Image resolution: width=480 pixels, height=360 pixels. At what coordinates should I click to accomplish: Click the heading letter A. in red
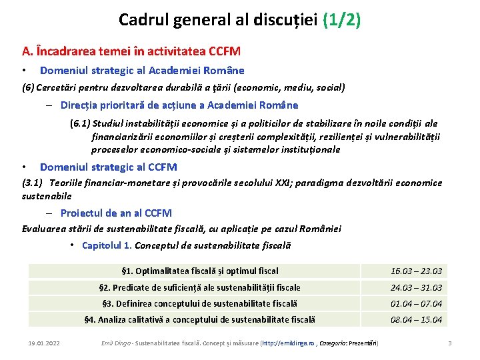click(27, 51)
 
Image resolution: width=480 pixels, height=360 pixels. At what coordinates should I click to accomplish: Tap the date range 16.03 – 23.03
click(416, 271)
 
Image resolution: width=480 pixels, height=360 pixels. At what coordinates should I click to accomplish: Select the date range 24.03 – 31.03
click(416, 287)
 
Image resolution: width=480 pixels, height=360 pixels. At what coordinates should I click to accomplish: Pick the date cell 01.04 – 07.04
click(416, 303)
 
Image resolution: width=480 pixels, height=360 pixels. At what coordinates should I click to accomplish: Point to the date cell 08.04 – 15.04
click(416, 319)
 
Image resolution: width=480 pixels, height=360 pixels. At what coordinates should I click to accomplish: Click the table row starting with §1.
click(200, 271)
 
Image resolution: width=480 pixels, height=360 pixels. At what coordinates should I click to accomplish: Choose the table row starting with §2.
click(199, 287)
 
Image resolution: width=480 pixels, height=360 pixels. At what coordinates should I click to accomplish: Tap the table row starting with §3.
click(199, 303)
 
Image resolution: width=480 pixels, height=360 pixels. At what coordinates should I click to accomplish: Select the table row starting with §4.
click(199, 319)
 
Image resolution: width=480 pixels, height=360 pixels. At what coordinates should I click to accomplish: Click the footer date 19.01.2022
click(44, 343)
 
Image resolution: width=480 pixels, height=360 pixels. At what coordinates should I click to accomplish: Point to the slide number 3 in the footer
click(450, 343)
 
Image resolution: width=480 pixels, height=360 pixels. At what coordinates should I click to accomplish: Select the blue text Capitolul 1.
click(106, 245)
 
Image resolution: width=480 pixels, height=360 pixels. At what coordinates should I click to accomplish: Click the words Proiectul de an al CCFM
click(116, 213)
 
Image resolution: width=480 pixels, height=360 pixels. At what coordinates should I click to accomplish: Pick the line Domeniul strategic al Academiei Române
click(142, 70)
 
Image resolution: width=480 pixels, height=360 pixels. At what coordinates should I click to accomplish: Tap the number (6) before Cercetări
click(28, 87)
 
